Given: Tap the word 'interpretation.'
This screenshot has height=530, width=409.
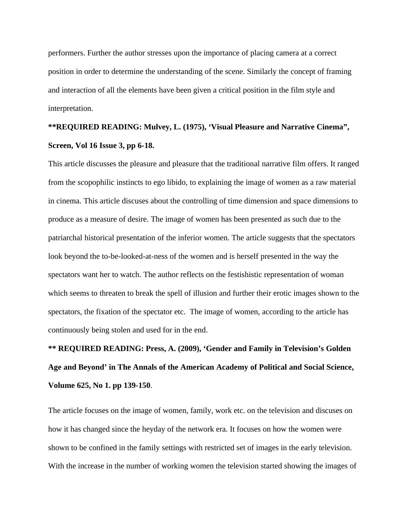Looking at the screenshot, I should point(70,108).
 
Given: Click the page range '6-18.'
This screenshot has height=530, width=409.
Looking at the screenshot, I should point(145,146).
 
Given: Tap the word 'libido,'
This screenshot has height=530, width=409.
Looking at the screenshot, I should point(174,182).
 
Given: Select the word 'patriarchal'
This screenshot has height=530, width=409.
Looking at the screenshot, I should point(65,238).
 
